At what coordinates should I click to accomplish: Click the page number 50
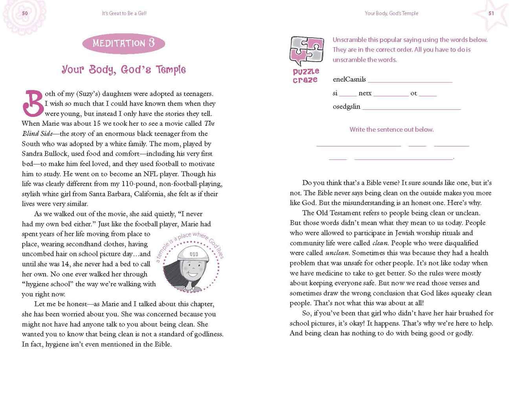25,13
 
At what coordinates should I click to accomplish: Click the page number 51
491,13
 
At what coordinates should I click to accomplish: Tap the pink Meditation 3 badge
123,43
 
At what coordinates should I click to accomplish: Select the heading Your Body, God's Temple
123,70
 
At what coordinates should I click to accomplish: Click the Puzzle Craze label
305,75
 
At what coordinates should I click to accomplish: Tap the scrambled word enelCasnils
349,79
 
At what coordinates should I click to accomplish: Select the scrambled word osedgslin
346,107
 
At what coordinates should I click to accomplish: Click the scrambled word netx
365,93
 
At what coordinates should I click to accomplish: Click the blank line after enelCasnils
410,81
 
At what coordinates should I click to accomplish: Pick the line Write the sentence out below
391,129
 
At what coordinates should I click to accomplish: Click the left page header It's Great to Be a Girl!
124,13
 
